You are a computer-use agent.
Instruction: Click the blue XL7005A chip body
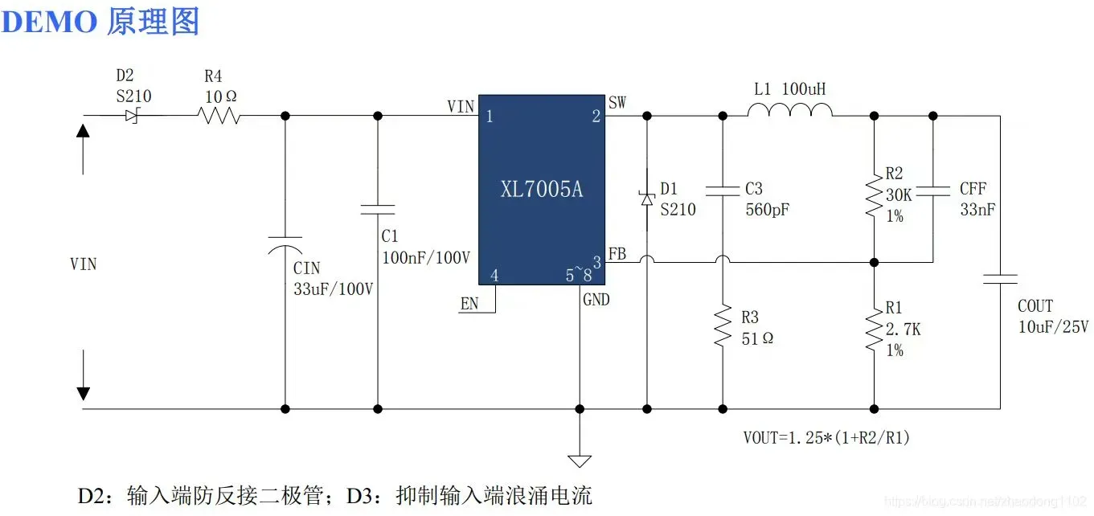(541, 189)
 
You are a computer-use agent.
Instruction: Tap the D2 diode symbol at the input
(131, 116)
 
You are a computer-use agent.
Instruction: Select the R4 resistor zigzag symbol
(219, 116)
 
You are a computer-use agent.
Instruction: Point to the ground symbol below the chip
(579, 460)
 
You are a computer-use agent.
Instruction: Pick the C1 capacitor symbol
(378, 209)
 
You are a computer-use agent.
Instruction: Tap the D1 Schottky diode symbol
(647, 198)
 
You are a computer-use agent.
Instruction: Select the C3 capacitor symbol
(722, 191)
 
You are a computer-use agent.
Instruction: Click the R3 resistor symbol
(722, 326)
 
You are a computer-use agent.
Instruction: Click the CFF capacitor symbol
(933, 191)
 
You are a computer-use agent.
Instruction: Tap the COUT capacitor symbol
(1000, 279)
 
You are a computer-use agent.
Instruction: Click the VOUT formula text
(826, 438)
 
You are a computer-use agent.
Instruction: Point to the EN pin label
(469, 304)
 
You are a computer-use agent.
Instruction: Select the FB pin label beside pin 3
(617, 254)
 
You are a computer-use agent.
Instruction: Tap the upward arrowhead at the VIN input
(83, 129)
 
